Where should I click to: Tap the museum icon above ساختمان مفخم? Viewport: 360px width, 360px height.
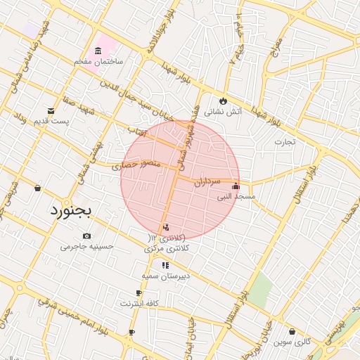coord(97,51)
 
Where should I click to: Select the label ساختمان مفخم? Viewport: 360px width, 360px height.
coord(98,61)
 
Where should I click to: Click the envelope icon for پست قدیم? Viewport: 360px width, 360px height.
coord(51,110)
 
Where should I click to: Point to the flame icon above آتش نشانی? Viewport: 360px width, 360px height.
coord(224,101)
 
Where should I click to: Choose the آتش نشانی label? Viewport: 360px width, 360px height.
coord(223,111)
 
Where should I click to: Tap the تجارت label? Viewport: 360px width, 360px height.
coord(285,141)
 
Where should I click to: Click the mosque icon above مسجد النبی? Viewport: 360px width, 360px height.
coord(236,186)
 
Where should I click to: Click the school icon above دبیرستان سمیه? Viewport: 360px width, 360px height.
coord(165,265)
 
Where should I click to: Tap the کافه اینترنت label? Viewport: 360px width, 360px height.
coord(139,303)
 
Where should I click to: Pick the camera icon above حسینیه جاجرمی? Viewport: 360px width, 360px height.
coord(86,236)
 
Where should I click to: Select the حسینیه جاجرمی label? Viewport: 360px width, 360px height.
coord(86,246)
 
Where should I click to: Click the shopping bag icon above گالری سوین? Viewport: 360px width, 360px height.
coord(292,331)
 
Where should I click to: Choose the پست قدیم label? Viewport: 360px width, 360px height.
coord(52,122)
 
